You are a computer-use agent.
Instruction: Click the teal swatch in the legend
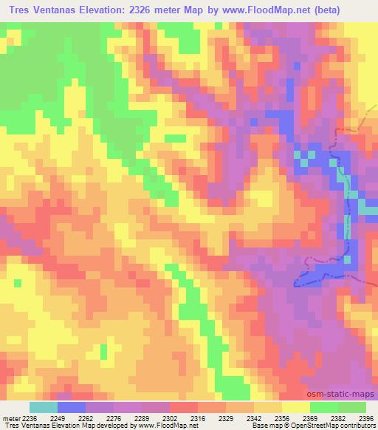[43, 407]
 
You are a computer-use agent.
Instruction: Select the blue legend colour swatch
[71, 407]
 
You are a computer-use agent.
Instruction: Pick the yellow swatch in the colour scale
[295, 407]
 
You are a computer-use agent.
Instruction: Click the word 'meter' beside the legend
[10, 417]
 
